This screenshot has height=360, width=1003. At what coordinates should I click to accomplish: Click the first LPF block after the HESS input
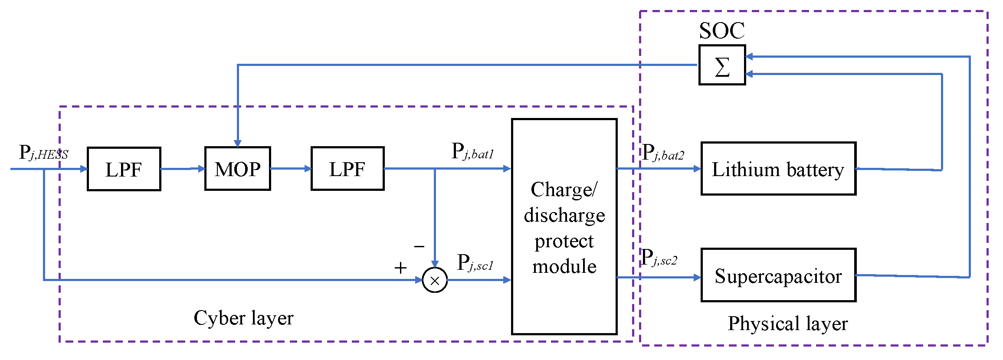124,169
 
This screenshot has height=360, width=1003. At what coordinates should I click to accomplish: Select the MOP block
237,169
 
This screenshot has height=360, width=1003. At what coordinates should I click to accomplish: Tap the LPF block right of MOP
347,169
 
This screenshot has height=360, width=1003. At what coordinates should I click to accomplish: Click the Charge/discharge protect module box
564,227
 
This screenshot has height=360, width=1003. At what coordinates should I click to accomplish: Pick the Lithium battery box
778,169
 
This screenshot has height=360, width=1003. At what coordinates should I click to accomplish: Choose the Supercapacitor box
778,275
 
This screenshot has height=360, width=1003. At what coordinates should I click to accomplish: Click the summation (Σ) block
722,65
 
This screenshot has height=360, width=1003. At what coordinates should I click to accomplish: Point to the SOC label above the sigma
721,31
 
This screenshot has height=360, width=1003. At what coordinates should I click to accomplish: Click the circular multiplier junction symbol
435,280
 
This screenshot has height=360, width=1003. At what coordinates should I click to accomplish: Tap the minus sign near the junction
419,247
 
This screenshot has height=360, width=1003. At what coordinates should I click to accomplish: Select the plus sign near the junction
400,268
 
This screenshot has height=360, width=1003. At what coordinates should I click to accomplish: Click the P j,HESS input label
43,153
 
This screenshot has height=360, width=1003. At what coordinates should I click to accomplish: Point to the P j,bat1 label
472,152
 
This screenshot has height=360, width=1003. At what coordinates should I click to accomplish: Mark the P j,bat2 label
663,153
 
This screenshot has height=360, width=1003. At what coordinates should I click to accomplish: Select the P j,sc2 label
659,258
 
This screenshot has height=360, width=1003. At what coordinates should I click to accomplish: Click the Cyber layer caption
243,318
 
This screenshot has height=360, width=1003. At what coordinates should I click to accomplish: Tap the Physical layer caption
787,324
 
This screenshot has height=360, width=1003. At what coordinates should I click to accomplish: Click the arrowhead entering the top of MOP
237,143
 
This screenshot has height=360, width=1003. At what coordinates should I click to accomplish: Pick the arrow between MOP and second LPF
291,169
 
